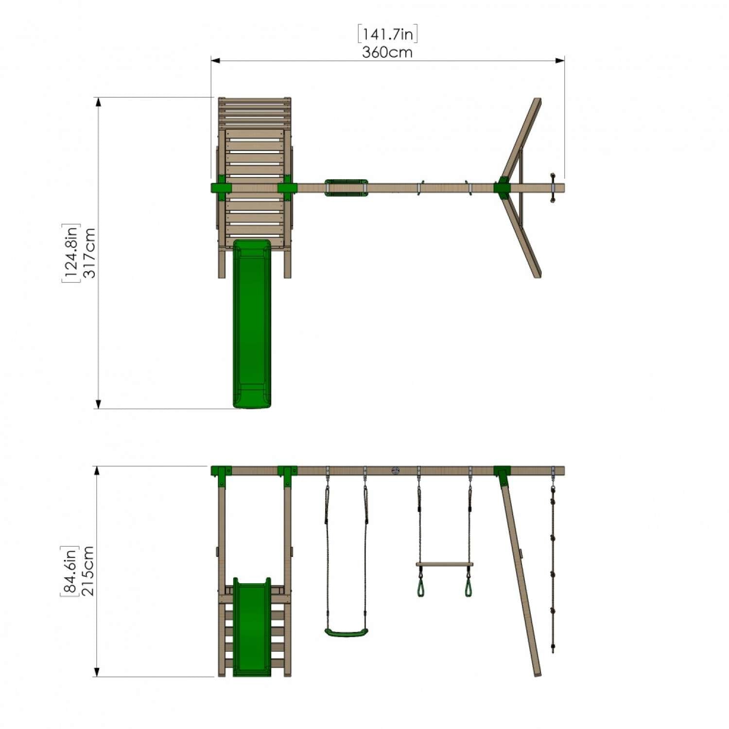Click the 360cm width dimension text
pyautogui.click(x=387, y=52)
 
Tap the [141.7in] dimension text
pyautogui.click(x=388, y=35)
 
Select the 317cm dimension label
pyautogui.click(x=90, y=253)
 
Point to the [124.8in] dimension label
pyautogui.click(x=71, y=253)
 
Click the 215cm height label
pyautogui.click(x=88, y=571)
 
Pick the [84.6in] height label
pyautogui.click(x=69, y=571)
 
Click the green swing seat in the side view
pyautogui.click(x=346, y=632)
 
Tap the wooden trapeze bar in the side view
pyautogui.click(x=444, y=565)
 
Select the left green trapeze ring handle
pyautogui.click(x=420, y=587)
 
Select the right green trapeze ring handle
pyautogui.click(x=469, y=587)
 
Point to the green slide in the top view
pyautogui.click(x=252, y=323)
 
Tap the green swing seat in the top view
pyautogui.click(x=346, y=188)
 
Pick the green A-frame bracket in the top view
pyautogui.click(x=502, y=188)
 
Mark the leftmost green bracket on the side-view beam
pyautogui.click(x=221, y=472)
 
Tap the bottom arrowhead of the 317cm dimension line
pyautogui.click(x=99, y=404)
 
